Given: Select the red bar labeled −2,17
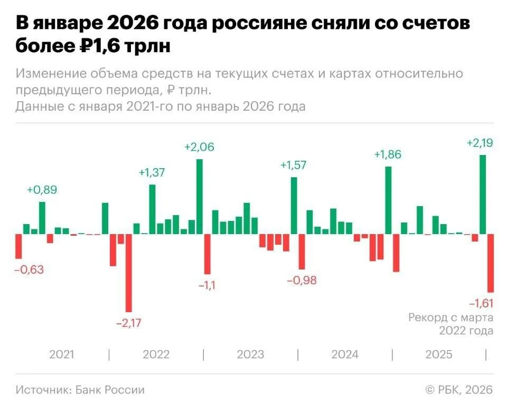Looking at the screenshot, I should (128, 273).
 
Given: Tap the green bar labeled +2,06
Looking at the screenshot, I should (199, 196).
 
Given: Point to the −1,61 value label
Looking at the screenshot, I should (480, 303).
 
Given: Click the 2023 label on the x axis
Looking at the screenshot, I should (250, 354).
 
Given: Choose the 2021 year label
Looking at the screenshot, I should (62, 354).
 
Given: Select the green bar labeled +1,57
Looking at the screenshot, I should (294, 205).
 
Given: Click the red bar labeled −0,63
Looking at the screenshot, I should (18, 246).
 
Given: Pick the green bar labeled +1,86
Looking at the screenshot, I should (388, 200).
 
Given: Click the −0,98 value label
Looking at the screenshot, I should (302, 280).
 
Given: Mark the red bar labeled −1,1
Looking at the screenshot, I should (207, 254).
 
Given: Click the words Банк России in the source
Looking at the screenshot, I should (110, 390).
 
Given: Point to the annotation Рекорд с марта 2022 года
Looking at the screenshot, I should (451, 324).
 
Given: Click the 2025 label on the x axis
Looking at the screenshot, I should (439, 354).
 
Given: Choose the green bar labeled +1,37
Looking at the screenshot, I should (152, 209).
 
